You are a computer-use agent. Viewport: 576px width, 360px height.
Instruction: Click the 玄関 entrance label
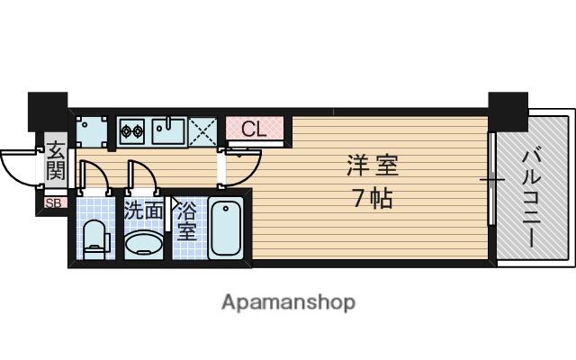point(56,161)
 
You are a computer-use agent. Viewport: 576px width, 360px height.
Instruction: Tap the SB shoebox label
point(54,202)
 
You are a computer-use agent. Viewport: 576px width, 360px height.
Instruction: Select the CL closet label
point(254,129)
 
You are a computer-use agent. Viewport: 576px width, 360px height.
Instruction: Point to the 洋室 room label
point(373,166)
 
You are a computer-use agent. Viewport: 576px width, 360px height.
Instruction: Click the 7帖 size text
point(373,198)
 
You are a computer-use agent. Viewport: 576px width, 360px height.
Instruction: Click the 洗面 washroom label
point(144,210)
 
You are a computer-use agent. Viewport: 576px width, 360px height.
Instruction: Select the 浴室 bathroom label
point(186,222)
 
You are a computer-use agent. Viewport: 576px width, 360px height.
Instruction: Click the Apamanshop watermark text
point(288,302)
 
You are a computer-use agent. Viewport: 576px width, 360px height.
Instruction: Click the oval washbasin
point(143,243)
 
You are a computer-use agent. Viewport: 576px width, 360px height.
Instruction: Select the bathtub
point(226,228)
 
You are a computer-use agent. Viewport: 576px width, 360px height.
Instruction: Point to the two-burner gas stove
point(132,130)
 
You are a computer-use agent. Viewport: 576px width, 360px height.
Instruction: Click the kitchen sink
point(168,130)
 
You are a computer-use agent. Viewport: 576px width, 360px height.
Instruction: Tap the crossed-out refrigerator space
point(202,132)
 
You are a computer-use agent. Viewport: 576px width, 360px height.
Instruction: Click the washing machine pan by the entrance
point(92,131)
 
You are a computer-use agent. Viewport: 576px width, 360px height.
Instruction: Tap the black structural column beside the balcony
point(508,112)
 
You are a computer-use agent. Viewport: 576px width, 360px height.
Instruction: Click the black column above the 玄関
point(48,112)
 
